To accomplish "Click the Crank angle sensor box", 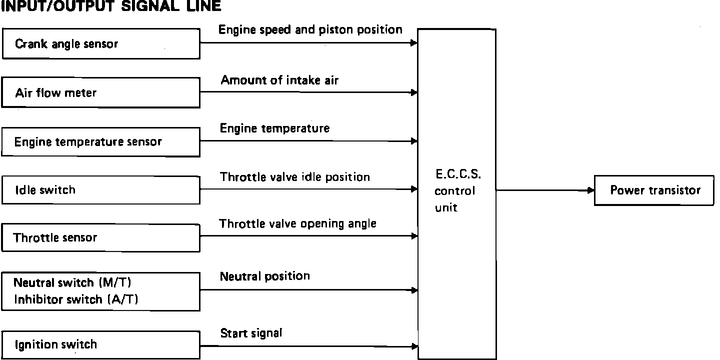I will point(101,43).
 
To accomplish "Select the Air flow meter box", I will point(101,92).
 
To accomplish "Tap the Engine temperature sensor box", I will point(101,141).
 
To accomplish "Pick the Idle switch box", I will point(101,190).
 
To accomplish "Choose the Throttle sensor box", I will point(101,237).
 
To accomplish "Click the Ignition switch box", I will point(101,344).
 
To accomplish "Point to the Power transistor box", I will point(654,190).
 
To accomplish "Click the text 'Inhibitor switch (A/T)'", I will point(76,299).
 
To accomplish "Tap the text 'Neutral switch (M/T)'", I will point(72,283).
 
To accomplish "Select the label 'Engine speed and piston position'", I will point(310,30).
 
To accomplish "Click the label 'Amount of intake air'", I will point(279,80).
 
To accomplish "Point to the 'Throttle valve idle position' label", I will point(295,177).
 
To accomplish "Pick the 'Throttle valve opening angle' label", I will point(298,223).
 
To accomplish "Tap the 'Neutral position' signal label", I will point(265,276).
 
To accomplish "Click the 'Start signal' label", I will point(251,333).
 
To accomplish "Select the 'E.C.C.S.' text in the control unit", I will point(457,175).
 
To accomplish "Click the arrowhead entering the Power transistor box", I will point(590,190).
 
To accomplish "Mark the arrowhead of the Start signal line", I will point(414,346).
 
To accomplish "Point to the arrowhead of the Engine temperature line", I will point(414,141).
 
